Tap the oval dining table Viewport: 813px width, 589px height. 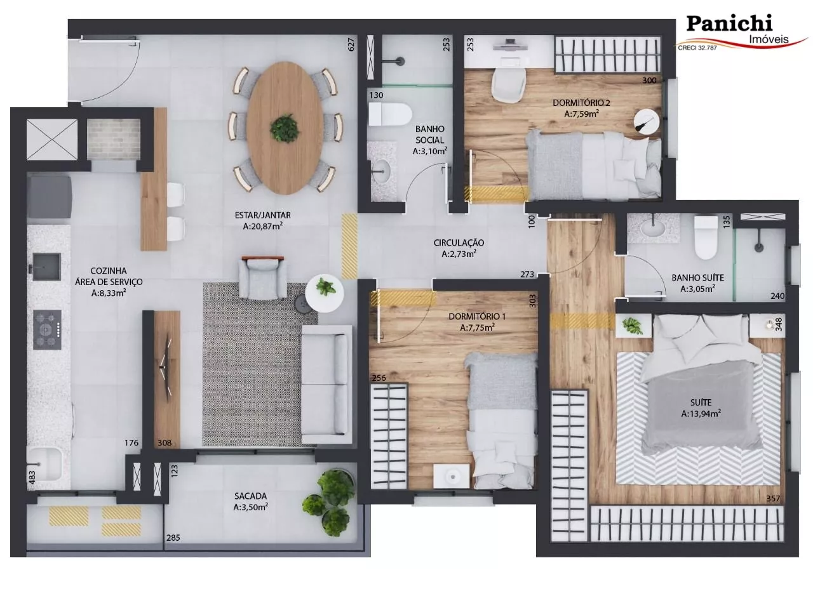pos(285,128)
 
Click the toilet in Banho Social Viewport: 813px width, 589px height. pos(390,114)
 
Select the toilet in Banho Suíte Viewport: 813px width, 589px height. pos(706,238)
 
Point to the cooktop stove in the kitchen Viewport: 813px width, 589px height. pos(47,329)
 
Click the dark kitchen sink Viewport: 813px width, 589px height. pos(46,267)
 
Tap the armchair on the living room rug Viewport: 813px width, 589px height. pos(262,277)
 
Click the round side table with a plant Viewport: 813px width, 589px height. pos(325,293)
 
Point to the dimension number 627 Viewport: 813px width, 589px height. pos(351,44)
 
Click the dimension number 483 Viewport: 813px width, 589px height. pos(32,477)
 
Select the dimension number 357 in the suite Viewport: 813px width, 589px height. pos(773,499)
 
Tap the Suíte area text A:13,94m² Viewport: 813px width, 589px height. pos(701,414)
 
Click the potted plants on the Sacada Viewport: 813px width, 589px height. pos(329,503)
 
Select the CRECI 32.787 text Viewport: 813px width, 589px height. pos(697,48)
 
